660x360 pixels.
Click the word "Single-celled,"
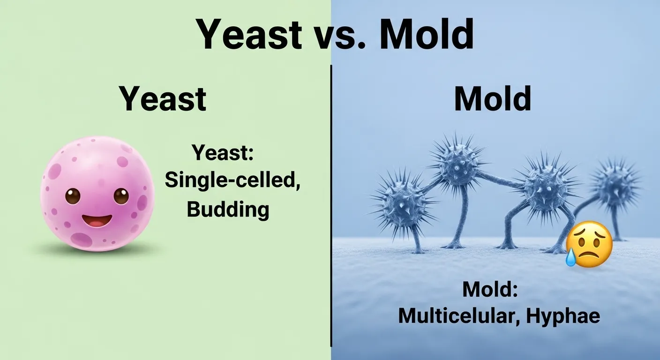click(232, 180)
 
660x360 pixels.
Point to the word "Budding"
click(228, 209)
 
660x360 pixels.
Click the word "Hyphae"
click(562, 316)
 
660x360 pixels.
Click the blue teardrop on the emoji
click(570, 258)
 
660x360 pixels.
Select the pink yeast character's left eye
click(73, 195)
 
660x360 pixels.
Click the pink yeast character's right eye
click(121, 195)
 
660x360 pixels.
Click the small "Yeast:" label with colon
click(223, 153)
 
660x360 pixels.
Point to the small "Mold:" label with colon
click(490, 289)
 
